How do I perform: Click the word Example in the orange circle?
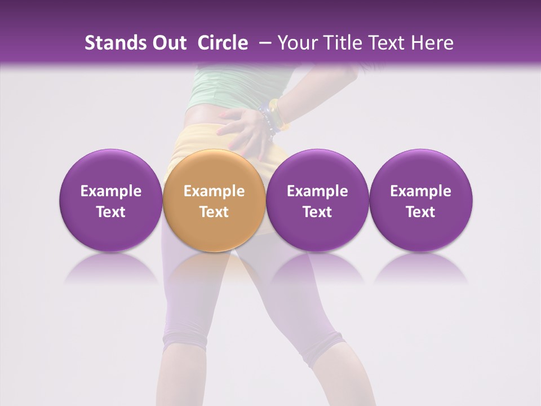(x=214, y=191)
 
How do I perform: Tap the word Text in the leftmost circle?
(x=111, y=212)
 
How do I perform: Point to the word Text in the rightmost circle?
(x=420, y=212)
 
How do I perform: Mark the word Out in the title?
(x=168, y=43)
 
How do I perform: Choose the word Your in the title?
(x=296, y=43)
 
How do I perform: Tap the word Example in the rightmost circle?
(x=420, y=191)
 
